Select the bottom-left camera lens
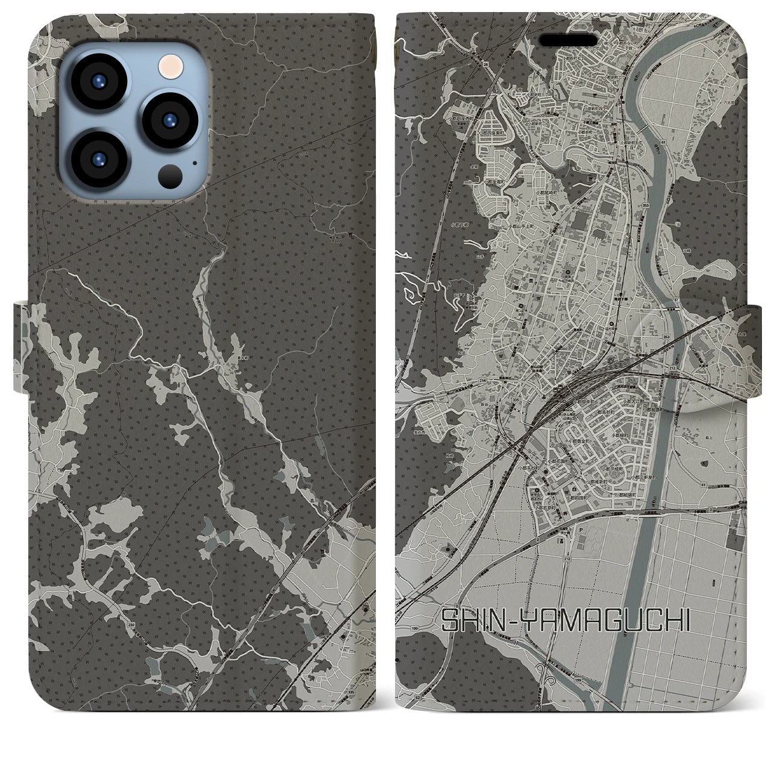coord(99,158)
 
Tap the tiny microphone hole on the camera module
coord(194,163)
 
